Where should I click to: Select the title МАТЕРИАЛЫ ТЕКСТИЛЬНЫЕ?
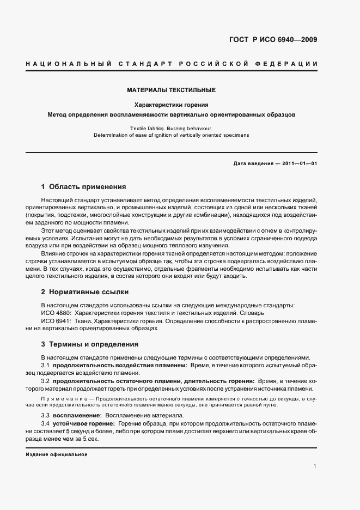(x=172, y=89)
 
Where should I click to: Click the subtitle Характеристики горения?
(x=172, y=104)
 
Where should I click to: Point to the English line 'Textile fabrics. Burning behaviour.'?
(x=172, y=127)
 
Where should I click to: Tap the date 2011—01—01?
(x=301, y=163)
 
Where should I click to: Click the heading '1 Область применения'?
(x=83, y=186)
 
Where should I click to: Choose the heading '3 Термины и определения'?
(x=86, y=344)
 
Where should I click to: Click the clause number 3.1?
(x=46, y=365)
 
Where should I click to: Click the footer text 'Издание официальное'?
(x=57, y=454)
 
